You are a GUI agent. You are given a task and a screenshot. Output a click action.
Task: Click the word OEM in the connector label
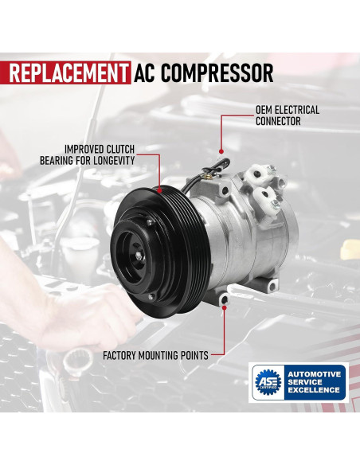pyautogui.click(x=265, y=110)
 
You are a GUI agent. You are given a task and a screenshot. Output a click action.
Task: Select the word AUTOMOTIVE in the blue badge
pyautogui.click(x=314, y=374)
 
